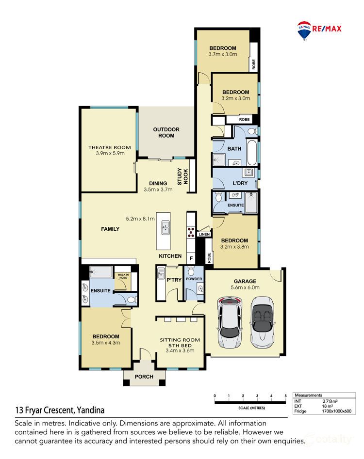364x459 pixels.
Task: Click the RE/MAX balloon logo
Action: (x=304, y=29)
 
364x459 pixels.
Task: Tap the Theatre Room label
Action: (x=110, y=147)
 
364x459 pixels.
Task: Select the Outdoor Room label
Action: (x=166, y=132)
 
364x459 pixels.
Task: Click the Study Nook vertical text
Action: (x=182, y=176)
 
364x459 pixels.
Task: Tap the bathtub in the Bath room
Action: (x=251, y=152)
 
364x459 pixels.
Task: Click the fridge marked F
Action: (x=191, y=258)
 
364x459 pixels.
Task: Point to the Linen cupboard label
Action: (x=204, y=235)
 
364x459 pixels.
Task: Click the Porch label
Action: (x=144, y=377)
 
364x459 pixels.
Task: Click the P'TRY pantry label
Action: (x=173, y=280)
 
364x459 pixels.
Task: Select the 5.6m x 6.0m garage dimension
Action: (x=245, y=287)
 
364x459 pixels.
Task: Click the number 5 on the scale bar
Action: (x=285, y=396)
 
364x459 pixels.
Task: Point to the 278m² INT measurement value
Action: (x=330, y=401)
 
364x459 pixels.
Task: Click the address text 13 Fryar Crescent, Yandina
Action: (x=60, y=410)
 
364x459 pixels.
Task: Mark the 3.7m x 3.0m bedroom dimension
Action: (x=223, y=54)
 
